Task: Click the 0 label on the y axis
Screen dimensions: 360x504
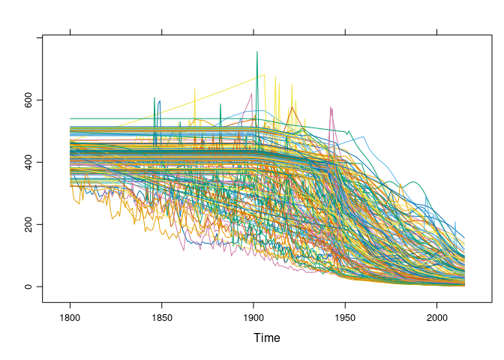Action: (28, 286)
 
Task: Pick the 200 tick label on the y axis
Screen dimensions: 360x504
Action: (28, 224)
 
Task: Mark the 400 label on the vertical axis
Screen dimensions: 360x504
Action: (28, 162)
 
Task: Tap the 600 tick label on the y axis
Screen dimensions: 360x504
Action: (28, 100)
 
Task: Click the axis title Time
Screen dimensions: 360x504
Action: (266, 338)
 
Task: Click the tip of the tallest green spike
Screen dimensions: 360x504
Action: (257, 51)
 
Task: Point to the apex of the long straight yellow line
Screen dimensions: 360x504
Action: (265, 74)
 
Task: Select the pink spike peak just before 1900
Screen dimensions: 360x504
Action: (250, 93)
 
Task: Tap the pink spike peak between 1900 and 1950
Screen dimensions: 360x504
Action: (331, 106)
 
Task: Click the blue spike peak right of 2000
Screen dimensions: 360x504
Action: (455, 222)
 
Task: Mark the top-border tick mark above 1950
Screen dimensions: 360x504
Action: (345, 31)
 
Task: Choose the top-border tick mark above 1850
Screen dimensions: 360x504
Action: (162, 31)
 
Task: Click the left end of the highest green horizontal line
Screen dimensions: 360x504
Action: (70, 118)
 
